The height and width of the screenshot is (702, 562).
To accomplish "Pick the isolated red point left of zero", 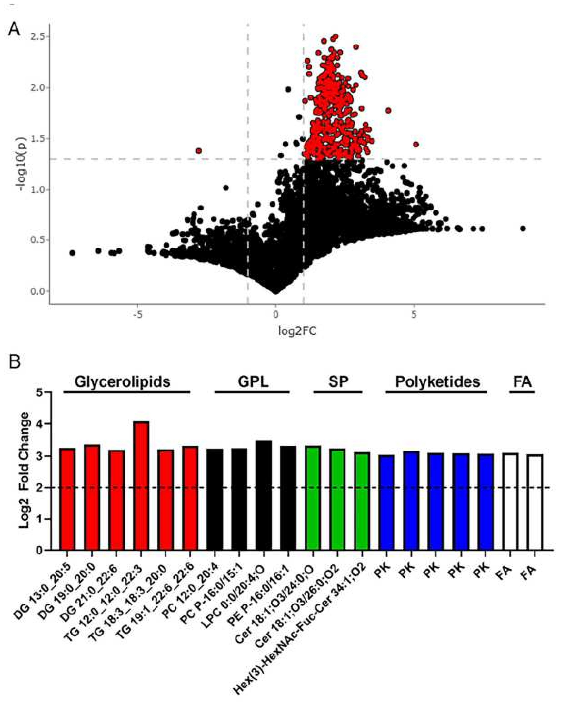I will point(199,151).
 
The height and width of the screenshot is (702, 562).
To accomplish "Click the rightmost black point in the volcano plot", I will point(523,229).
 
